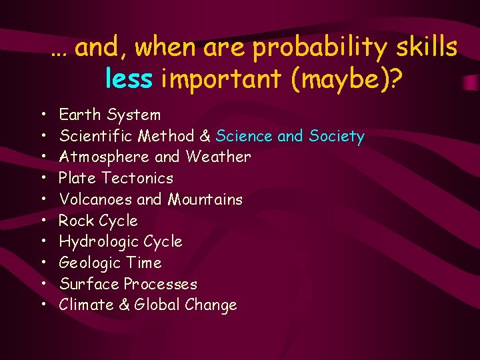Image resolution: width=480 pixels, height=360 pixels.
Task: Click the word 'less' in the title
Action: point(129,79)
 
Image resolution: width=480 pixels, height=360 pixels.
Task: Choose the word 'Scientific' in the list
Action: point(96,136)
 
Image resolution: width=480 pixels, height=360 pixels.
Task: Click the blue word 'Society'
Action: point(337,136)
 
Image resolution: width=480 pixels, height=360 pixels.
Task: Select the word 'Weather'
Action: point(219,157)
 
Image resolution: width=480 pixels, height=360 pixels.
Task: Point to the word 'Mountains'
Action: point(205,199)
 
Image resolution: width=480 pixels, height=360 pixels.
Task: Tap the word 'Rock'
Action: point(76,221)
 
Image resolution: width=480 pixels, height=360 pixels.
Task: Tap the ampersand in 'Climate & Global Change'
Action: point(123,305)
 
